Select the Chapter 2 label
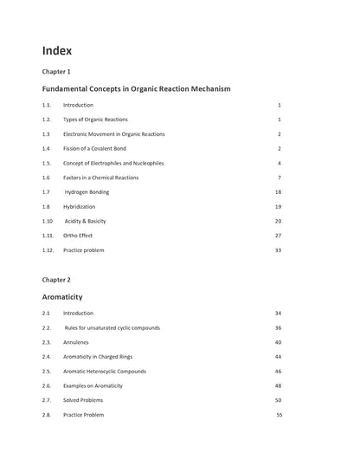[x=56, y=280]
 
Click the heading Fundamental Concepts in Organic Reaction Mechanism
[x=136, y=88]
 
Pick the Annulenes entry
[x=79, y=341]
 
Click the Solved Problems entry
[x=85, y=400]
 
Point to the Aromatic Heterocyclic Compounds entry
[x=105, y=371]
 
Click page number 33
[x=278, y=249]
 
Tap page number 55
[x=280, y=415]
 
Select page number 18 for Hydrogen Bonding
[x=278, y=191]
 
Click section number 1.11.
[x=48, y=235]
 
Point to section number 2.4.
[x=46, y=356]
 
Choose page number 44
[x=278, y=356]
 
